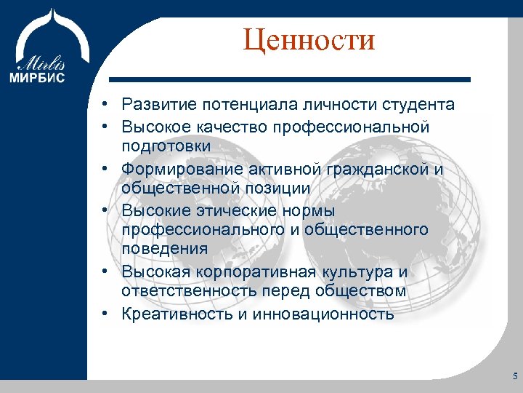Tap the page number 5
tap(514, 376)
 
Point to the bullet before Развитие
tap(106, 105)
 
